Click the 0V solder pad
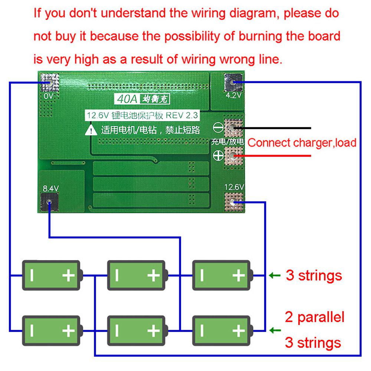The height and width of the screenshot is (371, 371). coord(49,82)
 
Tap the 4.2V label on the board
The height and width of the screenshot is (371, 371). coord(234,96)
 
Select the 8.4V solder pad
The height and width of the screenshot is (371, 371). coord(49,203)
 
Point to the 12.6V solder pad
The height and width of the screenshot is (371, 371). coord(233,202)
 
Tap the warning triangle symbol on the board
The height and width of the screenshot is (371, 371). coord(92,130)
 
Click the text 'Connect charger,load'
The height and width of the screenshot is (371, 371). coord(302,142)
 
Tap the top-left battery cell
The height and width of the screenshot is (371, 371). coord(52,275)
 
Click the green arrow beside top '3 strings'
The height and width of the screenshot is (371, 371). coord(274,275)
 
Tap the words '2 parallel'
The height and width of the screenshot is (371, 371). coord(315,317)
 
